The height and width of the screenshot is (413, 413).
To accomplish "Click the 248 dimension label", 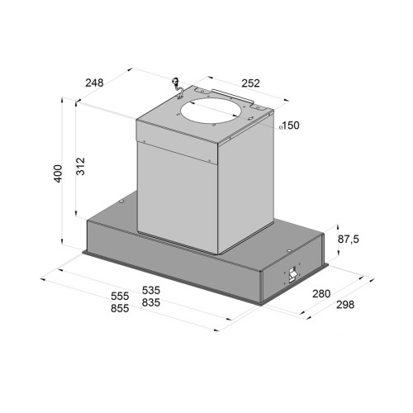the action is click(94, 83).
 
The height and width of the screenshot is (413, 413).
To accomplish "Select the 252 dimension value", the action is click(250, 83).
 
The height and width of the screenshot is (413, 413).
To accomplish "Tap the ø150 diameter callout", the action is click(289, 126).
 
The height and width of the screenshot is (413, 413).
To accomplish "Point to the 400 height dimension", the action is click(58, 173).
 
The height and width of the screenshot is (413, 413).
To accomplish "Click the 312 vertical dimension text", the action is click(80, 166).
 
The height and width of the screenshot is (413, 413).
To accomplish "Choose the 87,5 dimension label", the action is click(349, 240).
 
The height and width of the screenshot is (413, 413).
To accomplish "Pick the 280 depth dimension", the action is click(321, 294).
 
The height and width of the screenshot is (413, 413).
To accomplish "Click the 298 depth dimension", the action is click(345, 305).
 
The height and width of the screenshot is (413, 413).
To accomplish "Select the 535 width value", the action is click(151, 290).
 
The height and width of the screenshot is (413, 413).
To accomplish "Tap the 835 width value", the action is click(151, 302).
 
